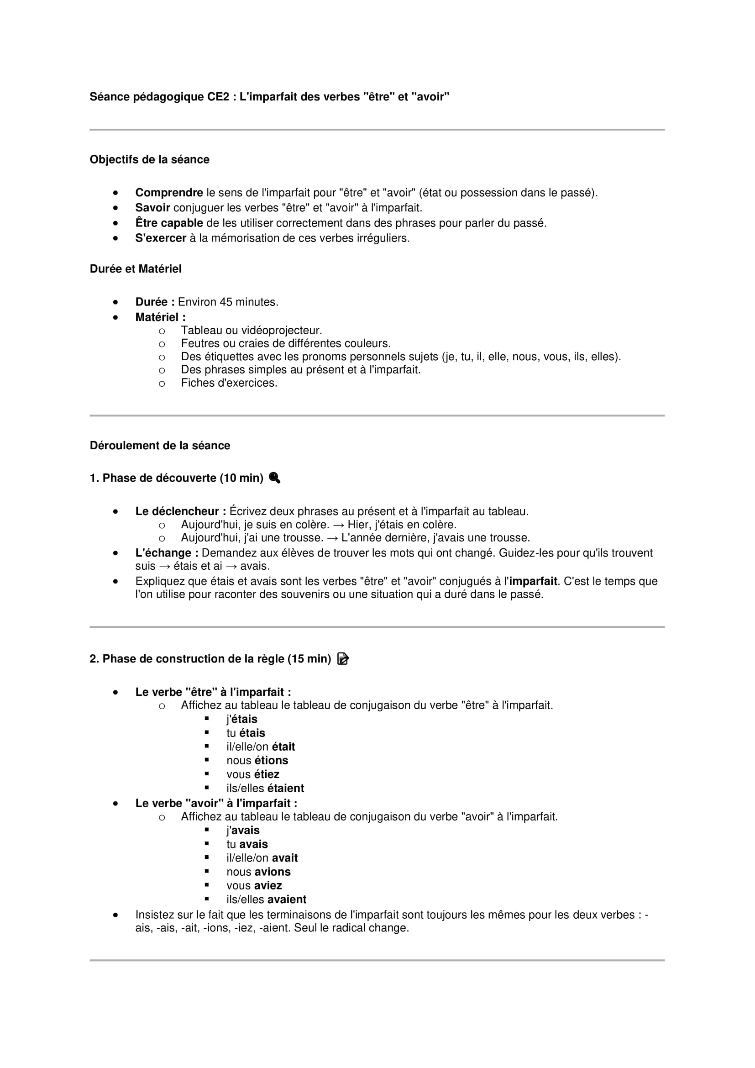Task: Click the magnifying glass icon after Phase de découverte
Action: click(x=274, y=478)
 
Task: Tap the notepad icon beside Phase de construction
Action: click(x=343, y=659)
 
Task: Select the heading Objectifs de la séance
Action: click(x=149, y=159)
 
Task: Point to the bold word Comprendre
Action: click(x=169, y=193)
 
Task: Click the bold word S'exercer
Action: click(x=160, y=238)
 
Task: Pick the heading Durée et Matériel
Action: click(x=135, y=269)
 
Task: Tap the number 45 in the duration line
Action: click(x=226, y=302)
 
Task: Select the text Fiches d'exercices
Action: click(x=229, y=383)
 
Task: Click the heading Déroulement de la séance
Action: click(x=159, y=446)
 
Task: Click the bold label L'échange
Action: click(x=167, y=552)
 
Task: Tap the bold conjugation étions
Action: click(x=271, y=761)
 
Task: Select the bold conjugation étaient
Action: click(x=285, y=788)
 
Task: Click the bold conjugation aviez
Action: click(x=267, y=885)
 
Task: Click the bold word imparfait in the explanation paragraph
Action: click(x=533, y=581)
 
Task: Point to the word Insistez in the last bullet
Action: click(x=154, y=915)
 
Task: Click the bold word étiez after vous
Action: click(x=267, y=774)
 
